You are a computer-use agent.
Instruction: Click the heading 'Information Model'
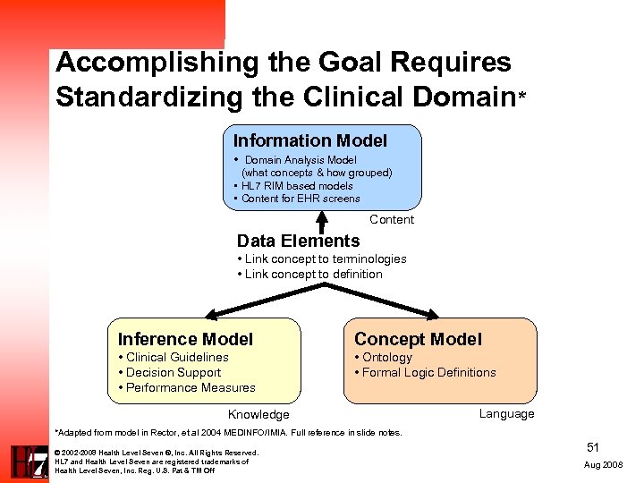[x=309, y=140]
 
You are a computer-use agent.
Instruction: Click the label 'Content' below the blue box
[x=392, y=220]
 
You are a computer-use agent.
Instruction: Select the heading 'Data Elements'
[x=298, y=241]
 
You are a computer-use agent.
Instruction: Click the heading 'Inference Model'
[x=185, y=339]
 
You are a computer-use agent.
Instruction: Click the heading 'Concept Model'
[x=418, y=339]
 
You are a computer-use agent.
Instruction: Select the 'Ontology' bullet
[x=386, y=357]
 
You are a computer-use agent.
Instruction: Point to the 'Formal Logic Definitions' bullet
[x=428, y=372]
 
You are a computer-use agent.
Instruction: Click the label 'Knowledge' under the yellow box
[x=258, y=415]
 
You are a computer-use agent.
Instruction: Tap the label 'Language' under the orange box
[x=506, y=413]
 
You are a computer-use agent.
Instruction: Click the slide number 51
[x=593, y=446]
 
